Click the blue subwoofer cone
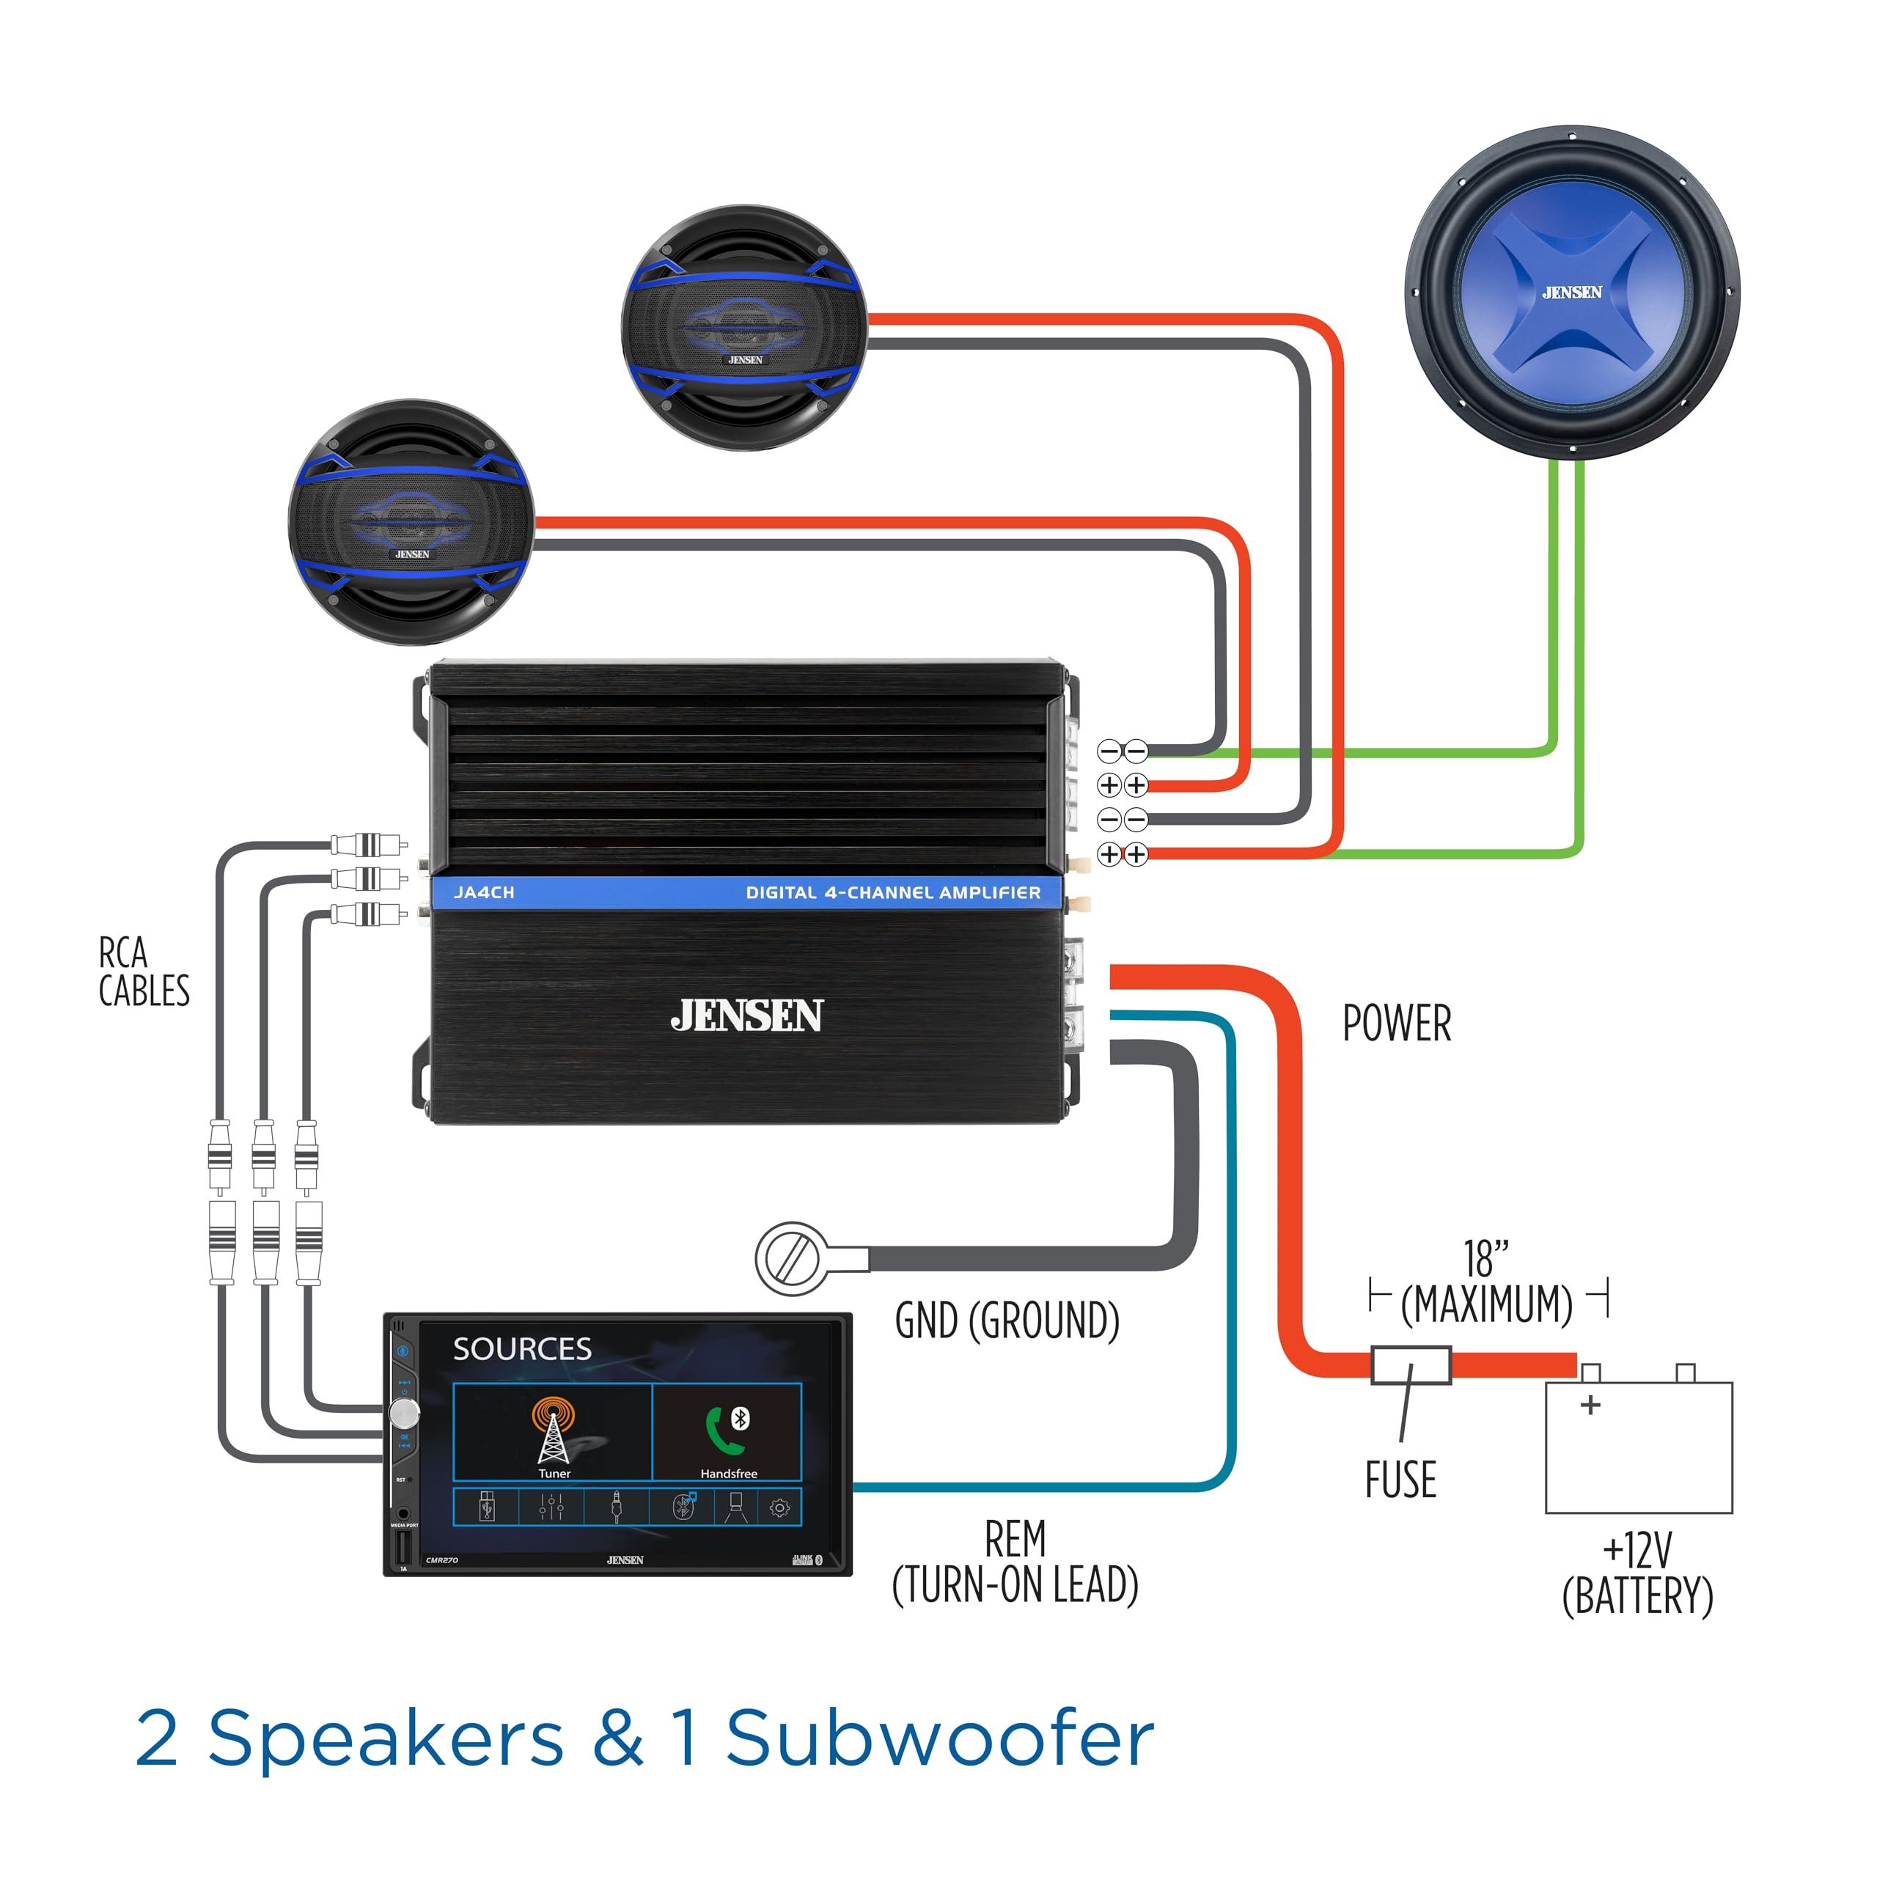pos(1571,292)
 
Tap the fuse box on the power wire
pos(1411,1365)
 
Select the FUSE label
pos(1400,1480)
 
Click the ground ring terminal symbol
pos(792,1258)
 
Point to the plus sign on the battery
pos(1590,1405)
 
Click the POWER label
pos(1396,1023)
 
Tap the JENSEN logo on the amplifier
pos(746,1016)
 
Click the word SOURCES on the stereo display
pos(522,1349)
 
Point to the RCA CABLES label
pos(143,971)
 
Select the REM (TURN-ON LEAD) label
pos(1014,1562)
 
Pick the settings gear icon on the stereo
pos(779,1507)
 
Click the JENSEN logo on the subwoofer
pos(1571,292)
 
